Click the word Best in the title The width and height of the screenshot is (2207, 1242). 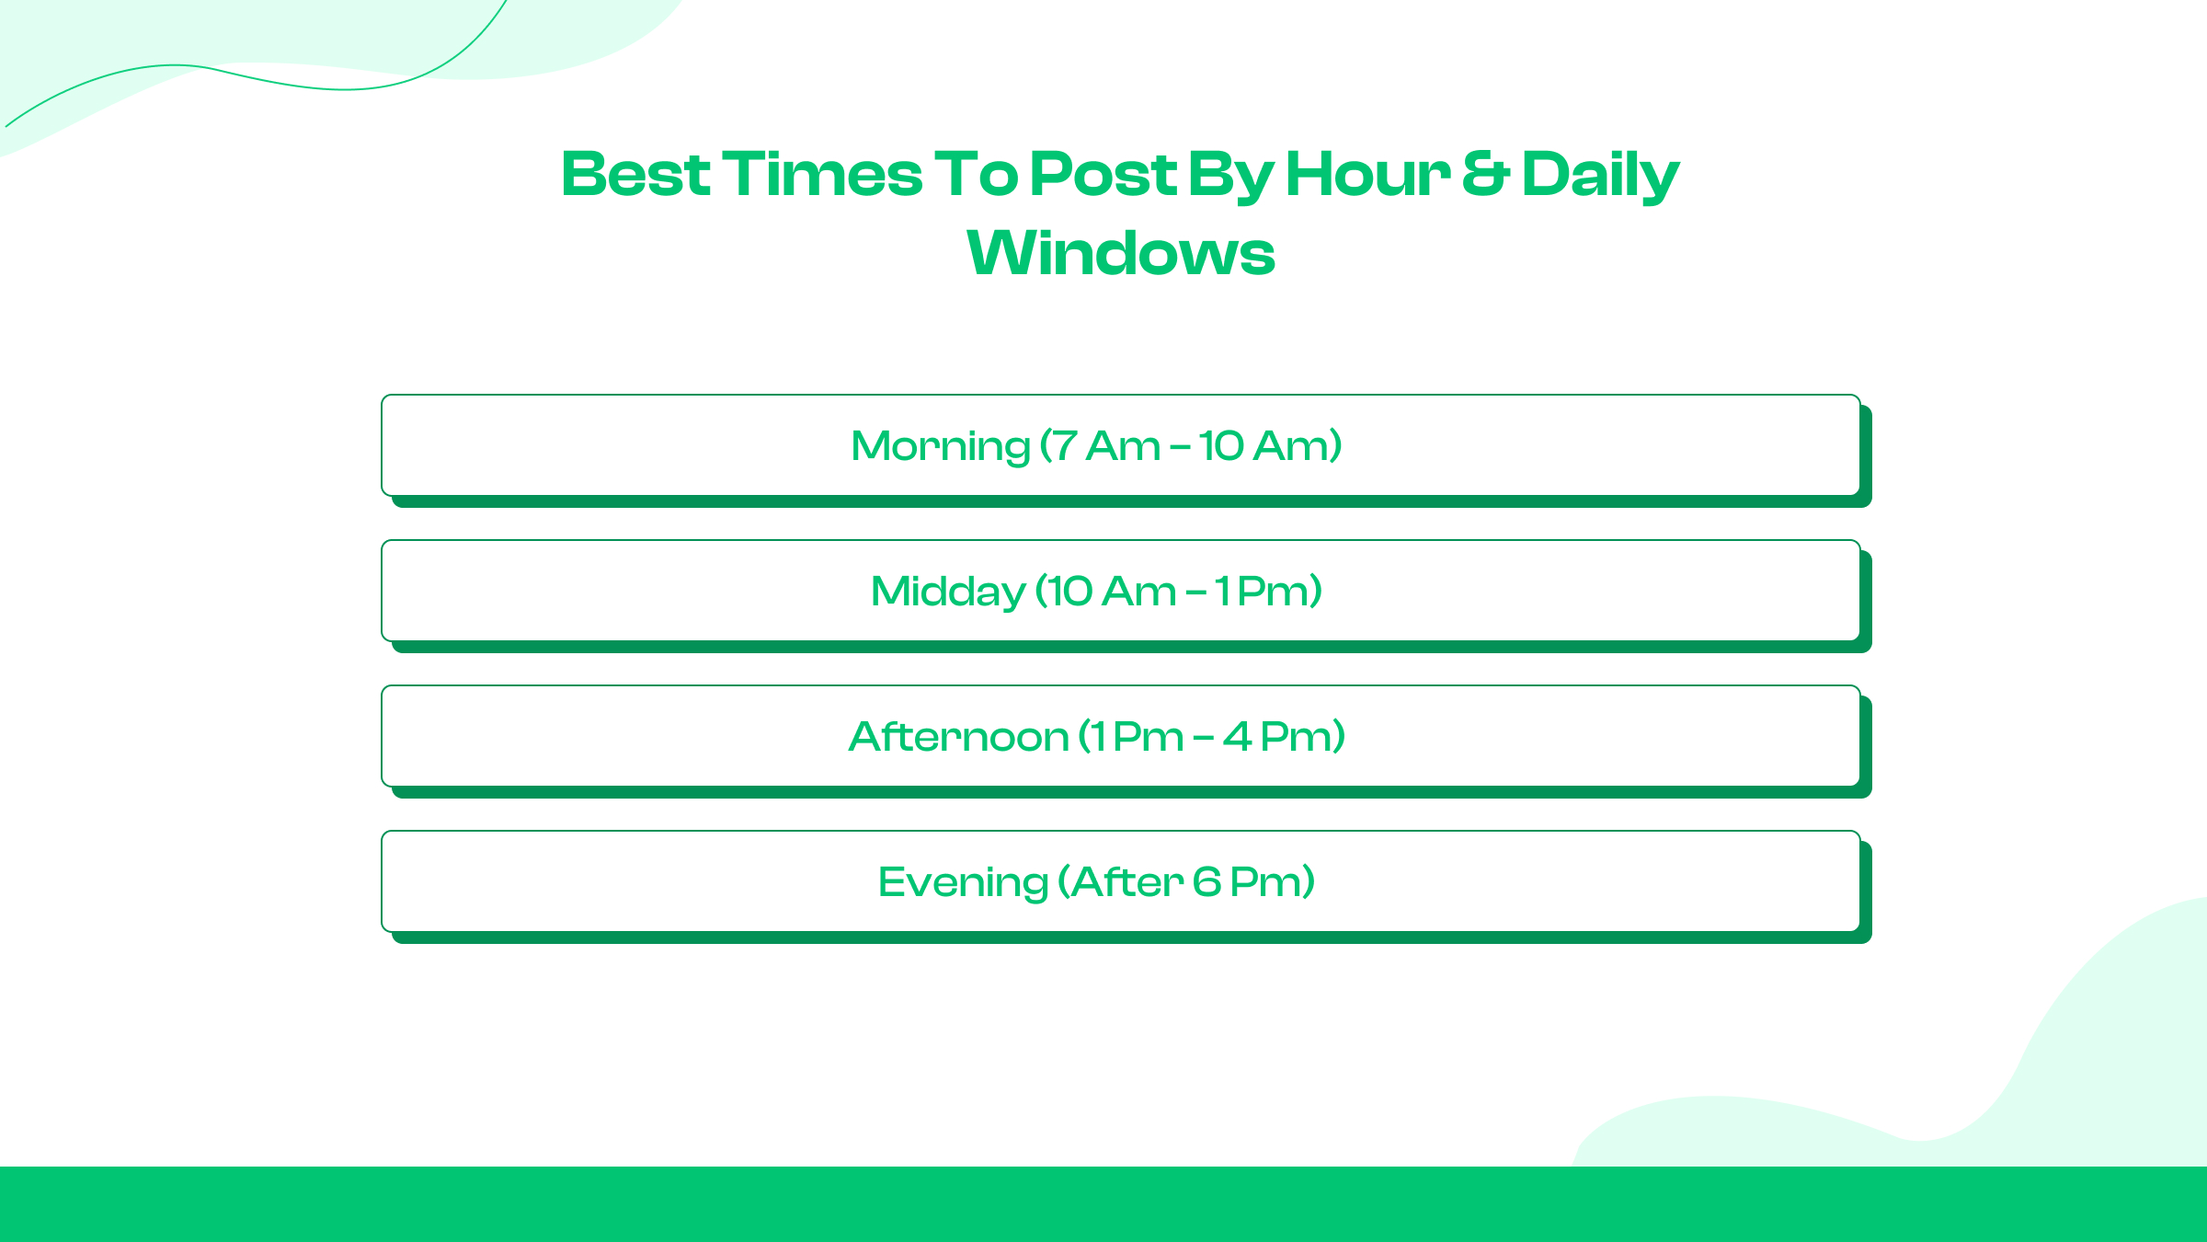click(x=635, y=174)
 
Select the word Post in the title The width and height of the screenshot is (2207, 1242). click(x=1103, y=174)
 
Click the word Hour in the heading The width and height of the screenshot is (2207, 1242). click(x=1367, y=174)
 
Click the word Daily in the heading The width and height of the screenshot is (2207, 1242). click(x=1600, y=176)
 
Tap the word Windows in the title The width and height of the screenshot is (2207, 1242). click(x=1121, y=253)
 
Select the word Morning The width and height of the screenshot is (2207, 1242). click(x=940, y=447)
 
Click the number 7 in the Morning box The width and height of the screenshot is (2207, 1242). click(x=1065, y=446)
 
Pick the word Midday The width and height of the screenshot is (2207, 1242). click(x=948, y=592)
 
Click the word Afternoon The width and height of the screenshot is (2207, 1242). click(x=958, y=737)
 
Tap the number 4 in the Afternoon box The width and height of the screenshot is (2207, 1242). click(x=1237, y=737)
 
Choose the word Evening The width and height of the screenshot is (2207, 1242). click(x=963, y=883)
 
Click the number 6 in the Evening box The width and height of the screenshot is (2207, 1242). click(x=1206, y=882)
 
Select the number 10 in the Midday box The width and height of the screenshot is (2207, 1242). click(x=1069, y=592)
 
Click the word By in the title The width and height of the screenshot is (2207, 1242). click(x=1231, y=176)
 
